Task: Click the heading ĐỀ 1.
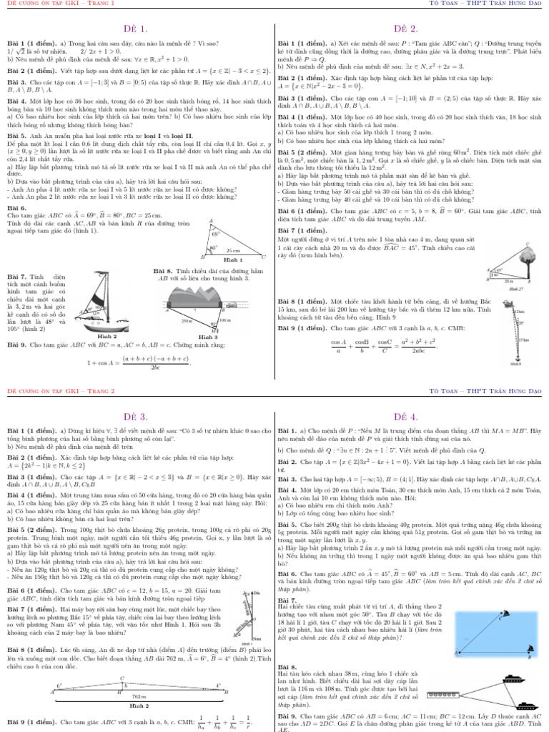(x=137, y=29)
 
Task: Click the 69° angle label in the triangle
(x=214, y=234)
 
